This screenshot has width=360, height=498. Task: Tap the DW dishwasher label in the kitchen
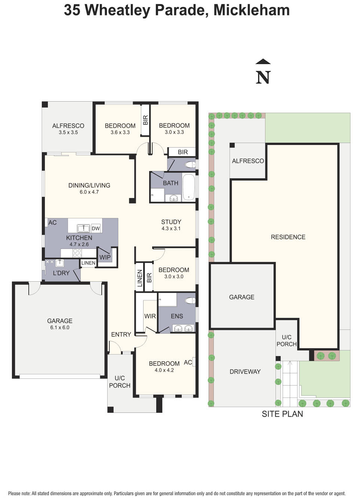click(96, 228)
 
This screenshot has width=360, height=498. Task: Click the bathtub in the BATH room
click(189, 187)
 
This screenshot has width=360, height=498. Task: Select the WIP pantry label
click(105, 257)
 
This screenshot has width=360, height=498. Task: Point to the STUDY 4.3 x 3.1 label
click(171, 225)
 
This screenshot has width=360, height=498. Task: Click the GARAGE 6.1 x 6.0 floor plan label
click(60, 324)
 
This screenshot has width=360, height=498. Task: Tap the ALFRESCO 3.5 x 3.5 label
click(68, 129)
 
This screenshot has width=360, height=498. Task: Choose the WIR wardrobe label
click(150, 316)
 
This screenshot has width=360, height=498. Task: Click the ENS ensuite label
click(177, 316)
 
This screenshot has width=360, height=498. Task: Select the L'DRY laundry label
click(61, 273)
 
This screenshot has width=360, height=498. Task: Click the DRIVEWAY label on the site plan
click(245, 371)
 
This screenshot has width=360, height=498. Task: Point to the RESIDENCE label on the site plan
click(288, 237)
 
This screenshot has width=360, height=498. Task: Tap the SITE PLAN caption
click(282, 414)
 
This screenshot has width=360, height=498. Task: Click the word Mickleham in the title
click(251, 10)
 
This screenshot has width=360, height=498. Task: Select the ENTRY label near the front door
click(121, 334)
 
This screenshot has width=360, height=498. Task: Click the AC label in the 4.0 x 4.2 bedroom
click(188, 362)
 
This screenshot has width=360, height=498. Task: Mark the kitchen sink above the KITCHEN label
click(83, 228)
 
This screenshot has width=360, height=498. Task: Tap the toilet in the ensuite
click(190, 300)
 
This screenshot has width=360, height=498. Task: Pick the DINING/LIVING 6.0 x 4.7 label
click(89, 188)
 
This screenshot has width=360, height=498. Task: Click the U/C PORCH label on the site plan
click(286, 341)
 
